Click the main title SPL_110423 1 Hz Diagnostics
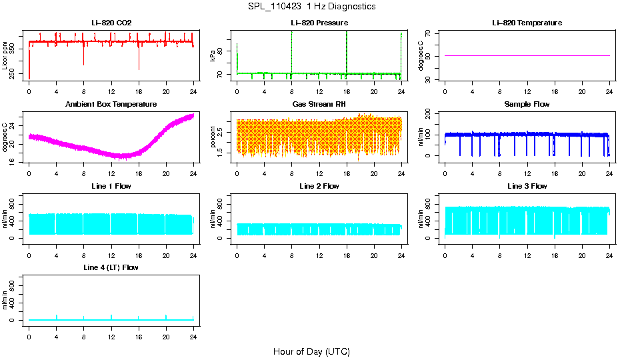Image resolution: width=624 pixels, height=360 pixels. [x=311, y=6]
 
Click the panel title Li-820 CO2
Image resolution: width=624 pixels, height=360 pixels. [x=111, y=23]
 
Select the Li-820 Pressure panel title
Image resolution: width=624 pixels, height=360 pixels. [x=319, y=23]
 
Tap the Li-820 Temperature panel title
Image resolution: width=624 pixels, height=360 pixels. [x=527, y=23]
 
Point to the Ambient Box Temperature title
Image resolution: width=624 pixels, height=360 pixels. [x=111, y=105]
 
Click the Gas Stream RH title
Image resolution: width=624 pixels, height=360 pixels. [x=319, y=105]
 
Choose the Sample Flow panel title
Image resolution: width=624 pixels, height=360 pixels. [x=527, y=105]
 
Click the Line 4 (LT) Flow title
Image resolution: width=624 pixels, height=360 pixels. [x=111, y=267]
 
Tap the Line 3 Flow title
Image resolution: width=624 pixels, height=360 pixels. [x=527, y=186]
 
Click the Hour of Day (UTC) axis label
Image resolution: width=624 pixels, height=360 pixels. [x=311, y=351]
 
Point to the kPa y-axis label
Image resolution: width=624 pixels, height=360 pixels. [x=213, y=57]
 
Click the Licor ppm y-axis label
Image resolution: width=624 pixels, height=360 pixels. [x=5, y=57]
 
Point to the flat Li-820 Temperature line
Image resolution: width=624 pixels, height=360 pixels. [x=527, y=56]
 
